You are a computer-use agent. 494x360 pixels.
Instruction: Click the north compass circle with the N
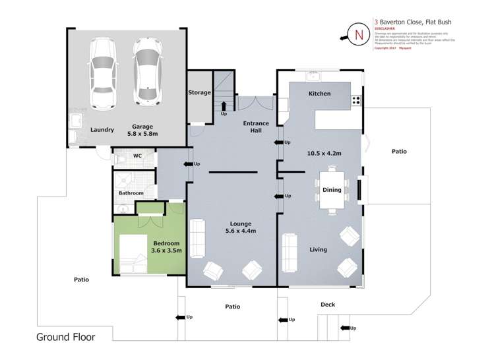click(x=359, y=35)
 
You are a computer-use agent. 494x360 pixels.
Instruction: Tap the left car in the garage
click(x=102, y=73)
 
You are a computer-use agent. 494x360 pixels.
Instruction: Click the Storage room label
click(x=199, y=93)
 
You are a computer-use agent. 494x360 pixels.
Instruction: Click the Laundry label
click(x=102, y=130)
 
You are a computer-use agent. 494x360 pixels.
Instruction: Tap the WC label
click(x=138, y=156)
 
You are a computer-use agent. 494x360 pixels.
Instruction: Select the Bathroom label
click(x=131, y=193)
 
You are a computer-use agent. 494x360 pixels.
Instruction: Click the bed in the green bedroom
click(x=133, y=254)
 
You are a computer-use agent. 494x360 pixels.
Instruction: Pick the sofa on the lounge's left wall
click(x=197, y=238)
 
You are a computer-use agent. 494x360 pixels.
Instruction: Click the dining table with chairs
click(x=332, y=191)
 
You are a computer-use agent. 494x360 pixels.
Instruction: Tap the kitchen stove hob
click(x=356, y=101)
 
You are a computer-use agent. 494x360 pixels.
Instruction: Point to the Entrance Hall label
click(x=256, y=127)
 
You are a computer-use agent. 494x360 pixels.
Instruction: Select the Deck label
click(x=328, y=304)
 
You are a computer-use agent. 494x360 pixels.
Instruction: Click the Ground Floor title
click(x=65, y=337)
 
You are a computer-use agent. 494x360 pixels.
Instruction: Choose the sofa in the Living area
click(x=289, y=251)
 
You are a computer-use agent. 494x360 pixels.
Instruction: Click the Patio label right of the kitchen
click(x=399, y=151)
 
